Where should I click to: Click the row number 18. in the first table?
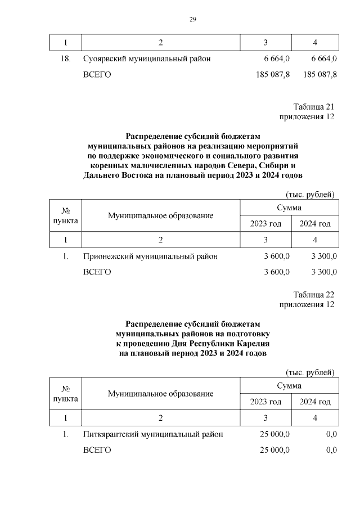coord(65,59)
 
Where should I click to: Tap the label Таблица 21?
coord(314,107)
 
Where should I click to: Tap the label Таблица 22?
coord(314,295)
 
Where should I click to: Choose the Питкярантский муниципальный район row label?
coord(153,434)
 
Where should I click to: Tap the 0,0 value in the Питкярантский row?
coord(331,434)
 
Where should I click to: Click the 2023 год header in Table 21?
coord(265,224)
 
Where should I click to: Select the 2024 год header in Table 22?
coord(315,402)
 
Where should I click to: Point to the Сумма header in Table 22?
coord(289,386)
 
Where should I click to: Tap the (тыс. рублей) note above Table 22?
coord(310,373)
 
